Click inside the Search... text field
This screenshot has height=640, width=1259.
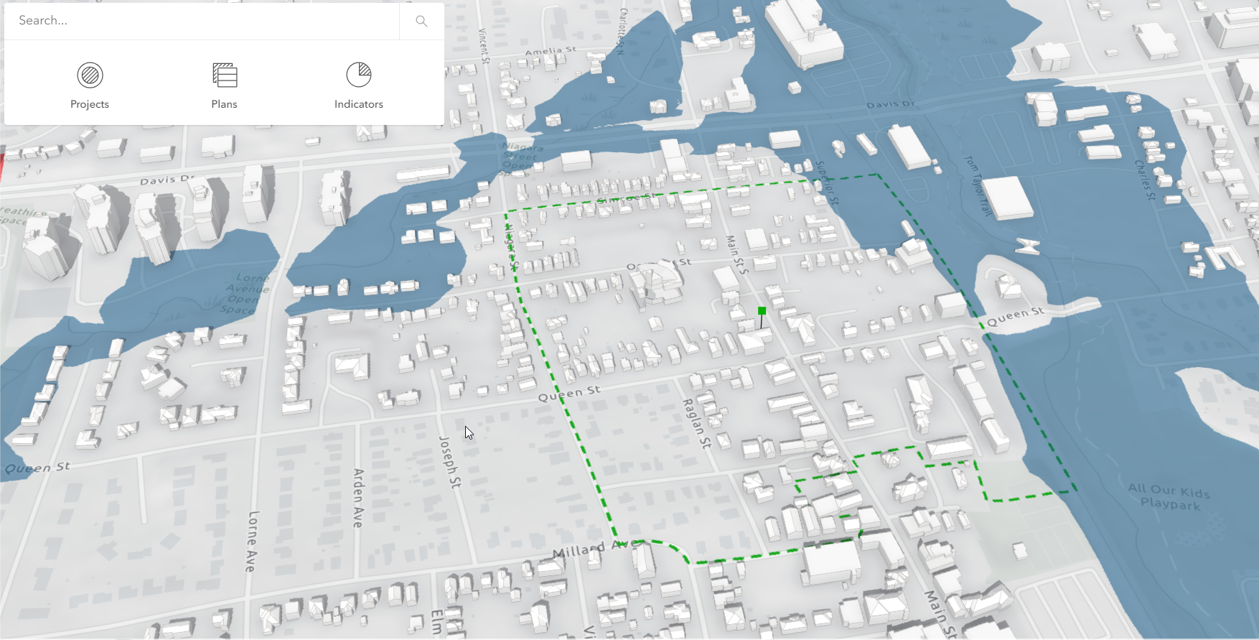click(201, 21)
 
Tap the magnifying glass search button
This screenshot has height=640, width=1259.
click(421, 22)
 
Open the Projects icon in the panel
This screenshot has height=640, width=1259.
click(90, 75)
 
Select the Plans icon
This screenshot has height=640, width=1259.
click(225, 75)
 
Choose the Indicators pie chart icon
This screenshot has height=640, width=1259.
click(359, 75)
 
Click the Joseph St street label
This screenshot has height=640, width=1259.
click(449, 462)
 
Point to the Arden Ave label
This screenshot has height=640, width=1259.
click(358, 498)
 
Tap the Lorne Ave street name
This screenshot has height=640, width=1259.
click(251, 541)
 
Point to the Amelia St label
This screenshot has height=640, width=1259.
click(551, 52)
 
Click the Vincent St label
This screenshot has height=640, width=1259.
click(484, 46)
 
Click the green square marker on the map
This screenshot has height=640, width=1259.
click(762, 311)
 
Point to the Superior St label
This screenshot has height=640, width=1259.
click(827, 182)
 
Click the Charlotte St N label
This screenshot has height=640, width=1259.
click(622, 32)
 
